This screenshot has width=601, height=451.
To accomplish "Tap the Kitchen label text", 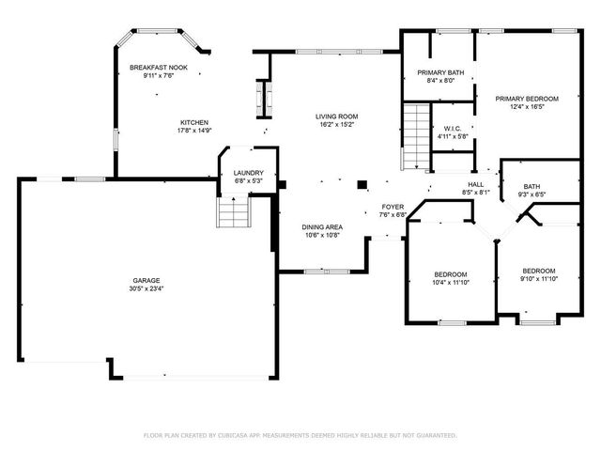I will point(194,123).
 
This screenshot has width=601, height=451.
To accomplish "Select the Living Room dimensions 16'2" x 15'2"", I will point(336,124).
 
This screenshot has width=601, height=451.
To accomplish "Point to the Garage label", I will point(144,281).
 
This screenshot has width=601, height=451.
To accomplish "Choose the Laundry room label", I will point(248,173).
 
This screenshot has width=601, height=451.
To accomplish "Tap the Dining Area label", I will point(321,227).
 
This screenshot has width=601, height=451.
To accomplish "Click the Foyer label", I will point(393,207).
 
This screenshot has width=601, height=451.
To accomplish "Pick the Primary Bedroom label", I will point(527,99).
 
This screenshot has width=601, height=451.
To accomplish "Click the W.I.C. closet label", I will point(453,129).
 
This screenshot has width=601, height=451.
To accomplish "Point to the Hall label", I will point(476,184).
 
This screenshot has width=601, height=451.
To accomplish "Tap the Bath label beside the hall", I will point(532,187).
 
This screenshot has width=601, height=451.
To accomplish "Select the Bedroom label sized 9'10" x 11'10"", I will point(538,271).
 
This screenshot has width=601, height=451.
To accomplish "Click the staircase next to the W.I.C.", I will point(413,135).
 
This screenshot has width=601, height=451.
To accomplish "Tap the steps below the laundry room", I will point(233,213).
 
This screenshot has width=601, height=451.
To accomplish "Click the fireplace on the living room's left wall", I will point(262,96).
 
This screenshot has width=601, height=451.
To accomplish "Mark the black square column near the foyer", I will point(363,183).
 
